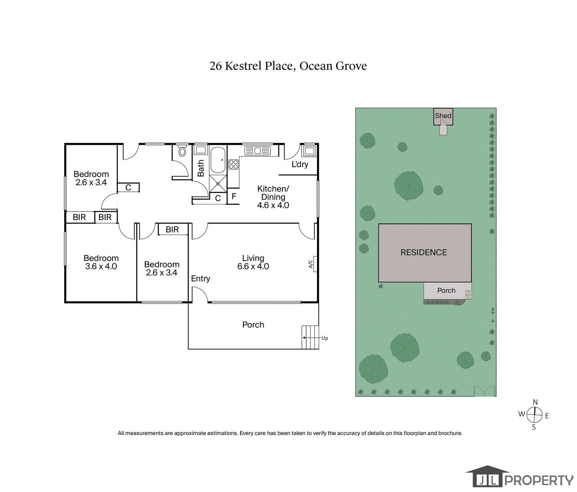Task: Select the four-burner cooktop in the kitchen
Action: click(x=233, y=164)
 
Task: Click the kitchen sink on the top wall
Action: click(x=258, y=150)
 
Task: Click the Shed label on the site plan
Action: click(x=443, y=116)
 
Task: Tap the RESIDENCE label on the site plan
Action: click(x=424, y=252)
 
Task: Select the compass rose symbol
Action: click(x=535, y=415)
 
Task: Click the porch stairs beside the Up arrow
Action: click(x=310, y=337)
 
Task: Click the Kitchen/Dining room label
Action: click(x=273, y=193)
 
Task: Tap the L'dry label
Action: click(x=300, y=164)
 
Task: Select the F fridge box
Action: click(x=234, y=196)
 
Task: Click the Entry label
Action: click(x=201, y=279)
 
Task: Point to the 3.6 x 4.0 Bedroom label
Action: click(x=101, y=262)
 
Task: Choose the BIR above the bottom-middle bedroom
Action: click(x=173, y=229)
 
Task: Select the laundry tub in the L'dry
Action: click(x=309, y=150)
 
